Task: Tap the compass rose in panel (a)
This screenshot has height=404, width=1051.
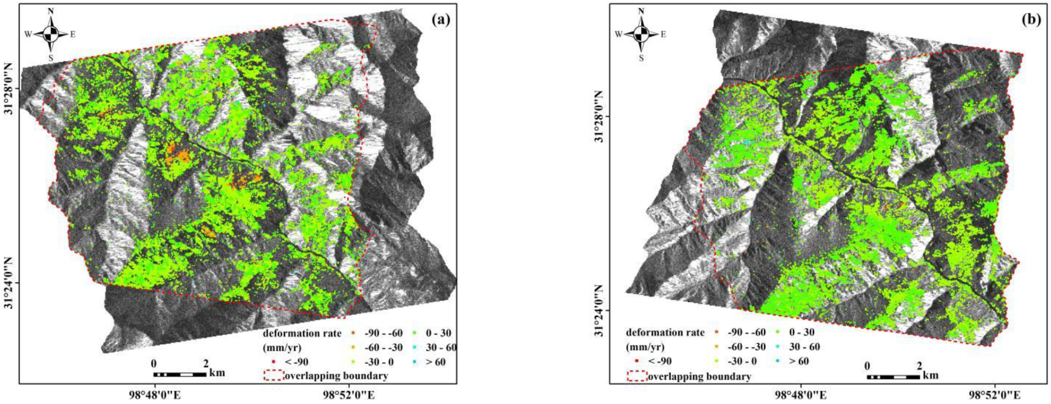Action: tap(50, 35)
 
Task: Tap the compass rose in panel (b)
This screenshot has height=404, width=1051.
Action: tap(641, 35)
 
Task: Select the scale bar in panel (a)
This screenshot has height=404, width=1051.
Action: tap(179, 374)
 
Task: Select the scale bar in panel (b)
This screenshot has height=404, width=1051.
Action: tap(893, 377)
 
